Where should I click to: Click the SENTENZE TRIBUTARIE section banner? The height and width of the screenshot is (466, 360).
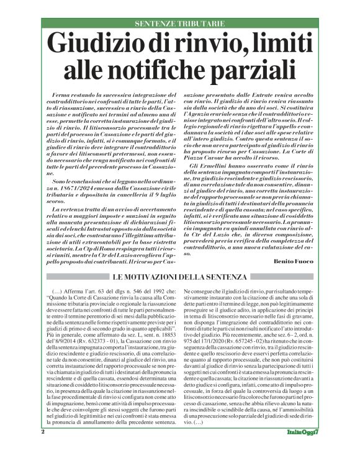[x=179, y=24]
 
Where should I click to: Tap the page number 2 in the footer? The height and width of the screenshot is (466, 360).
[x=43, y=449]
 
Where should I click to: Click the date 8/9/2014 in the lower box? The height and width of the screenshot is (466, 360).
[x=63, y=340]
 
